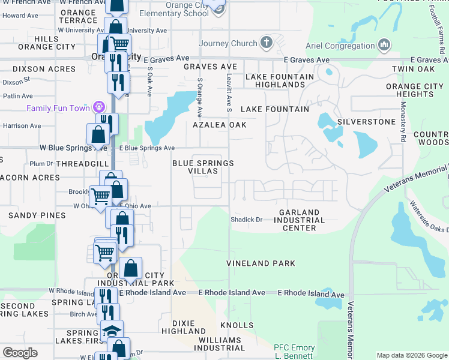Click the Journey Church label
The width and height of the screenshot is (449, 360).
coord(228,43)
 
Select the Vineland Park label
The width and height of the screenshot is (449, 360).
coord(261,263)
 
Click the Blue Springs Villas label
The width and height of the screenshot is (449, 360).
coord(202,167)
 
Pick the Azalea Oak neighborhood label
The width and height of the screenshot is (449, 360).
coord(220,125)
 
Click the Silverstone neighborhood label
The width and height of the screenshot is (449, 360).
coord(366,122)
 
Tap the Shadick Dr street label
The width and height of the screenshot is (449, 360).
coord(247,220)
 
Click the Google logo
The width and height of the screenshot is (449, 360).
coord(20,353)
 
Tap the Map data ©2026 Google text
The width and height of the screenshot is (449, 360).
coord(411,355)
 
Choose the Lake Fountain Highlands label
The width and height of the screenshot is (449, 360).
coord(280,80)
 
